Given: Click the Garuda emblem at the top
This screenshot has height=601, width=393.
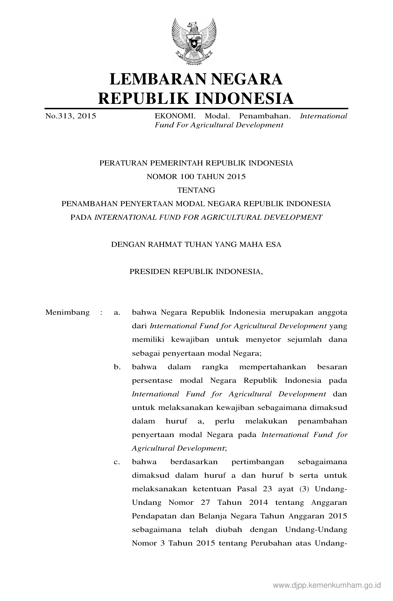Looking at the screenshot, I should coord(194,41).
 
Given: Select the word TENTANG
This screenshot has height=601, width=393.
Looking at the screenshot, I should coord(196,190).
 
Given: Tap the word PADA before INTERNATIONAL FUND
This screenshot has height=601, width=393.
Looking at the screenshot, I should coord(81,217).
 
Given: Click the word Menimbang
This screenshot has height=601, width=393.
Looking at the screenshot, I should coord(68,312).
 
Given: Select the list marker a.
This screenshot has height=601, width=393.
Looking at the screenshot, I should coord(117,313).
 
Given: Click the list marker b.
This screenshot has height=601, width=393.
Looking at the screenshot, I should coord(117,367).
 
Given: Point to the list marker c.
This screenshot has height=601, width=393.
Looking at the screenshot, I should coord(117,462).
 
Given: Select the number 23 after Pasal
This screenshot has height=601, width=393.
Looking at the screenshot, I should coord(268,489).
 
